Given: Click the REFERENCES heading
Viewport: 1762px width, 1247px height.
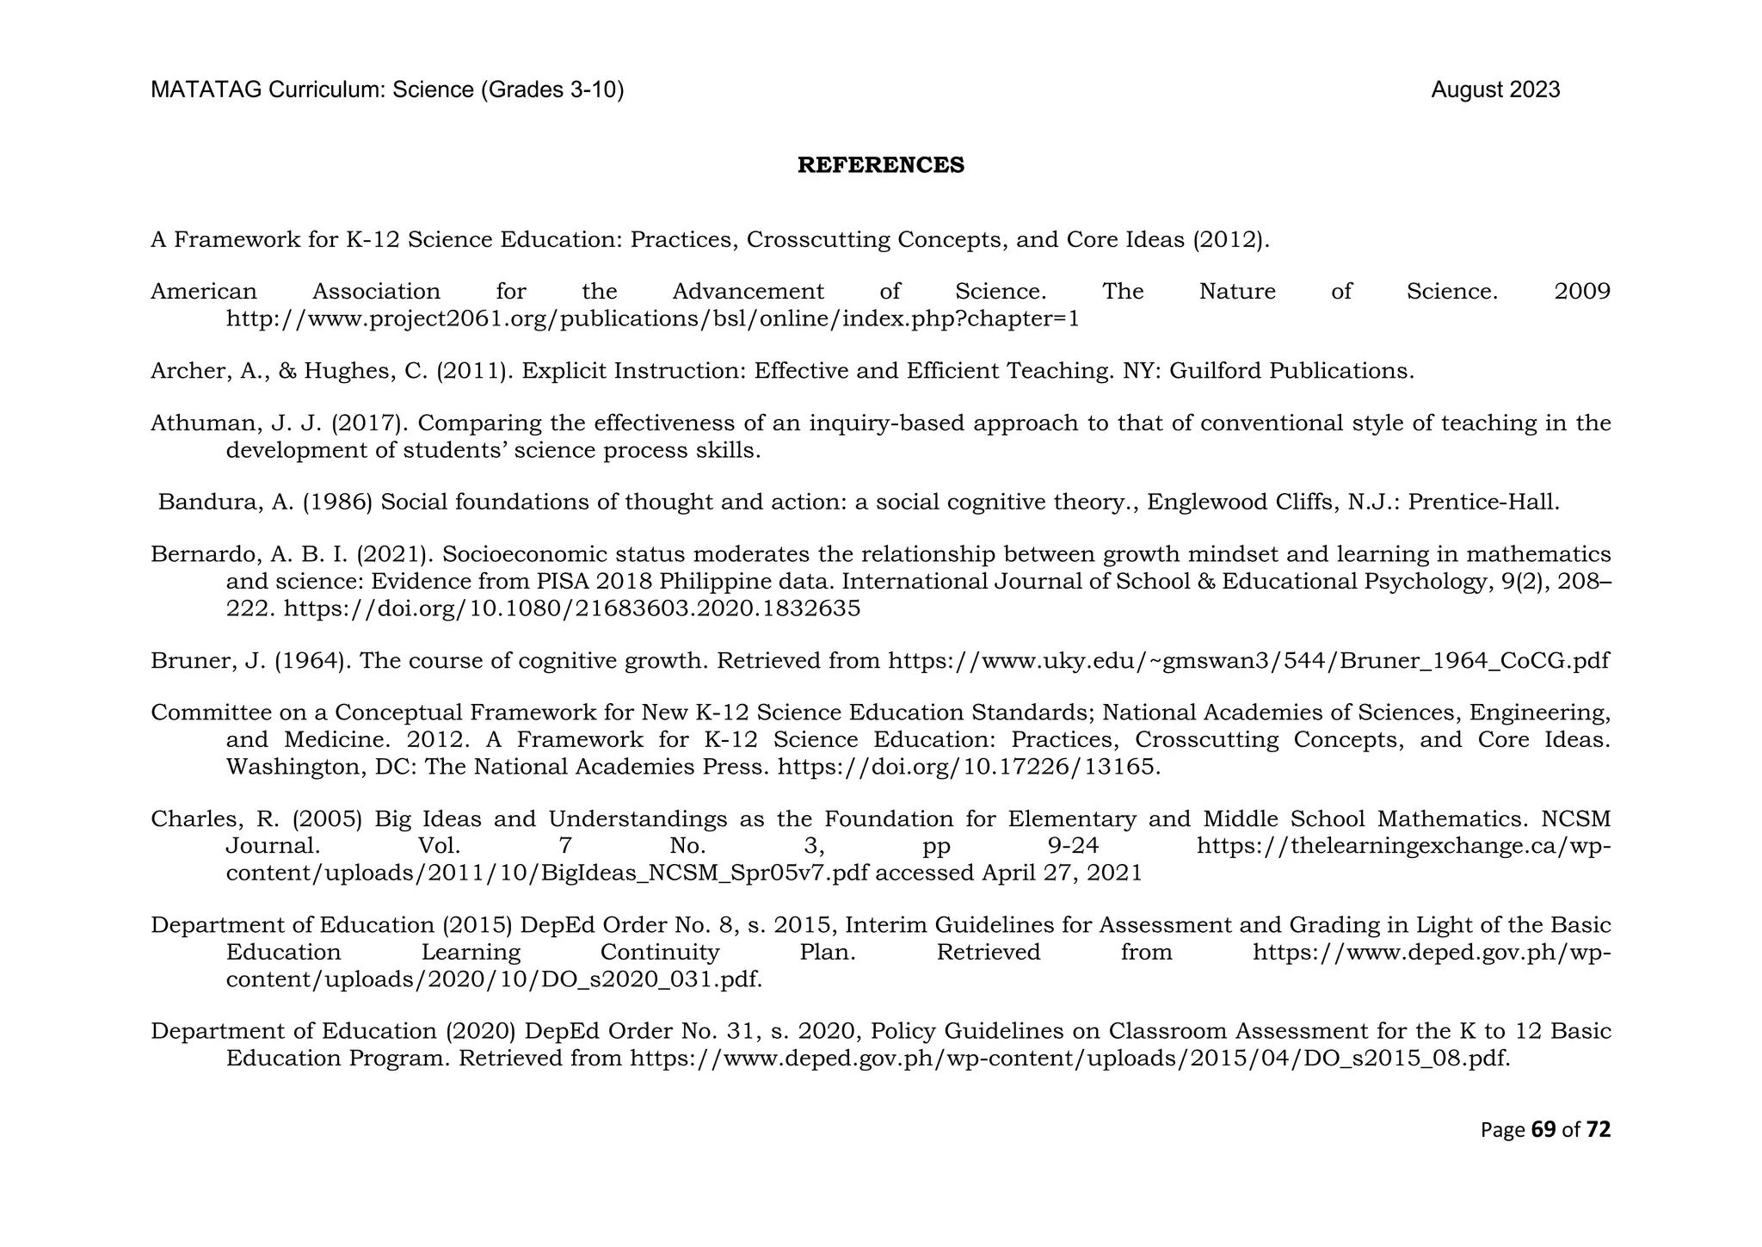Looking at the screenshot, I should [x=880, y=165].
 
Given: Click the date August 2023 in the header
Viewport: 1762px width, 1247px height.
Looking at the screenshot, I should [x=1494, y=90].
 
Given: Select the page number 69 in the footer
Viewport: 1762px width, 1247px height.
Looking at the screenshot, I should [x=1543, y=1129].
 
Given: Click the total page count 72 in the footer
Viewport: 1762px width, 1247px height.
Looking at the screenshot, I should [x=1598, y=1129].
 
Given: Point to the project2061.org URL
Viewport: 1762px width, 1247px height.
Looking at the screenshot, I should [x=652, y=319].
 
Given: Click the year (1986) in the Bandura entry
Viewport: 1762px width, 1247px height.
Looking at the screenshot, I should [x=337, y=503].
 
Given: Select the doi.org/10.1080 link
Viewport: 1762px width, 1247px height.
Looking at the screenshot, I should [x=571, y=609].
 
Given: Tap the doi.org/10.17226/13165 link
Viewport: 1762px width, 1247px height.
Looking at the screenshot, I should [x=968, y=767].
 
